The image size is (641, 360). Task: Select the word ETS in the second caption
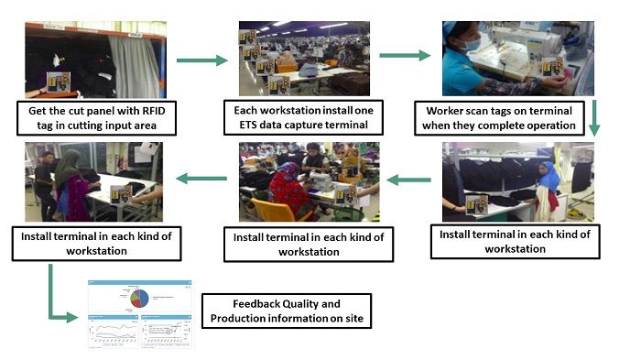coord(257,124)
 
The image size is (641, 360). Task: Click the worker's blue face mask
coord(469,44)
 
